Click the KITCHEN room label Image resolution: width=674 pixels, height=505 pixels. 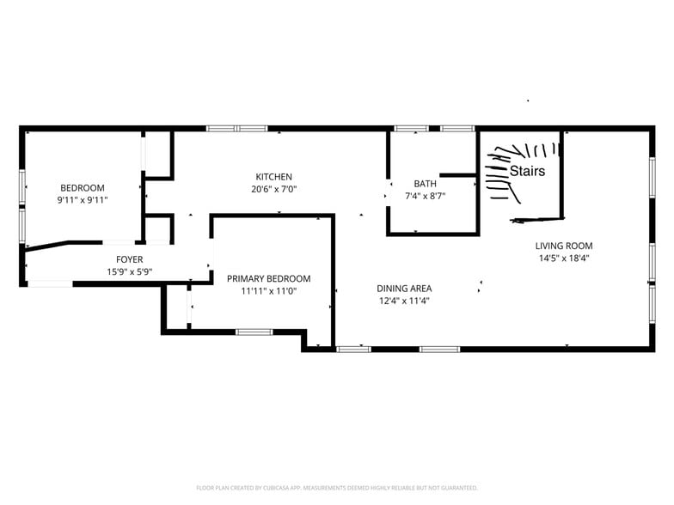point(273,177)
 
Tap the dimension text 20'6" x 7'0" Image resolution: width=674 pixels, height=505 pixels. point(273,189)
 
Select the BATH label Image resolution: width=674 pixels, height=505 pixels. point(425,184)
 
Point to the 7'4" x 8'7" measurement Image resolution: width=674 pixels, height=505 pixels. point(425,196)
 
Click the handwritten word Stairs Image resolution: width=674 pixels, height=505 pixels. point(528,171)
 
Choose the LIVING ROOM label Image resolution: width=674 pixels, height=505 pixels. point(564,246)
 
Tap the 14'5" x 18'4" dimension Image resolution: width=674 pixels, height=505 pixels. point(564,258)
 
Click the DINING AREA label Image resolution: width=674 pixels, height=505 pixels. point(404,289)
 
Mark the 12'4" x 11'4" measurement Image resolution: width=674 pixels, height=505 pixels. point(404,301)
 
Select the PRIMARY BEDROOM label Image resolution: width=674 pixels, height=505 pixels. point(268,278)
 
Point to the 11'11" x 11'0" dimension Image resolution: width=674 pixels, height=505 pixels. point(268,291)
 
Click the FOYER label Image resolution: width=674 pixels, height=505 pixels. point(129,259)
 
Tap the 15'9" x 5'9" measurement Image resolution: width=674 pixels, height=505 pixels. point(129,271)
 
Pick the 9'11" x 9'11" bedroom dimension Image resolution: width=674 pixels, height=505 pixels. point(83,200)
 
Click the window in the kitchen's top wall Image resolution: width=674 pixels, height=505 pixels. point(237,129)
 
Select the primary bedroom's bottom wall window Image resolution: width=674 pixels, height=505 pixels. point(254,332)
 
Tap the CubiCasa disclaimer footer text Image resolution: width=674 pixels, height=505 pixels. point(337,488)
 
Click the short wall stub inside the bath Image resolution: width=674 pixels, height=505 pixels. point(457,175)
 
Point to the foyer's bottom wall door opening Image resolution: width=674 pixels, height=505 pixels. point(50,283)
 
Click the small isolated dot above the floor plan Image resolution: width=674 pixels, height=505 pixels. point(528,100)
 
